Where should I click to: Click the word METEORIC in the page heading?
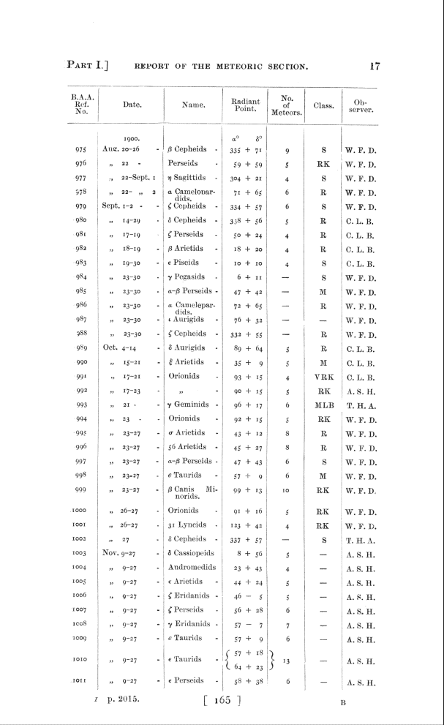[x=235, y=67]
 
